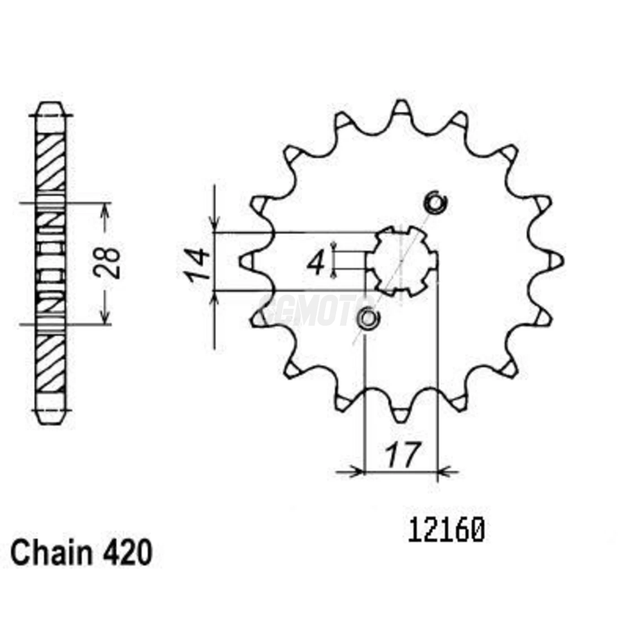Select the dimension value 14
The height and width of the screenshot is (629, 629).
tap(198, 265)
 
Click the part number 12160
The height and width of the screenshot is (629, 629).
tap(446, 531)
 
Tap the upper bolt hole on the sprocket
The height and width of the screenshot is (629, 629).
tap(435, 203)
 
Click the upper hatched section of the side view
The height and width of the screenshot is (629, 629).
tap(50, 162)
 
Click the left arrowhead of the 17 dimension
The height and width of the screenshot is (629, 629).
tap(358, 472)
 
